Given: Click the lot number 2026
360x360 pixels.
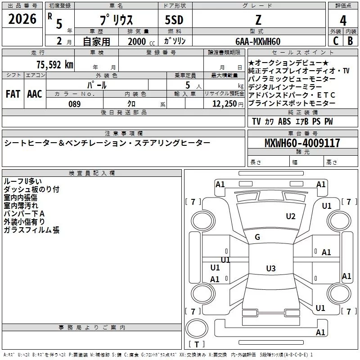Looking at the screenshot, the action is pos(22,19).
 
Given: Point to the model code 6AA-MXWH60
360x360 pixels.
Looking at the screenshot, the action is pos(257,41).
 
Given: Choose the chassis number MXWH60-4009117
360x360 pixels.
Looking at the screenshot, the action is pos(302,143).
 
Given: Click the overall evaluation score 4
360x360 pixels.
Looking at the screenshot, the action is pos(343,20).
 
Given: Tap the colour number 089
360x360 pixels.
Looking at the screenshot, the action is pos(74,104).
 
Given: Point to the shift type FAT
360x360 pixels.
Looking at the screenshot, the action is pos(13,94).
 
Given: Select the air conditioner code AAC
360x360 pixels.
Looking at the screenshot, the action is pos(35,94).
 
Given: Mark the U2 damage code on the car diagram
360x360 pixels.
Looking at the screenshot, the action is pos(291,216).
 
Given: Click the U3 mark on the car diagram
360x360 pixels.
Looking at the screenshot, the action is pos(270,269).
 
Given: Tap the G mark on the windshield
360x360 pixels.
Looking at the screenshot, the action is pos(257,237).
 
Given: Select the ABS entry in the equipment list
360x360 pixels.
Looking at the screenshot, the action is pos(284,121).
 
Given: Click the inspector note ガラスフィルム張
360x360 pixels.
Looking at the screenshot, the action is pos(31,230).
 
